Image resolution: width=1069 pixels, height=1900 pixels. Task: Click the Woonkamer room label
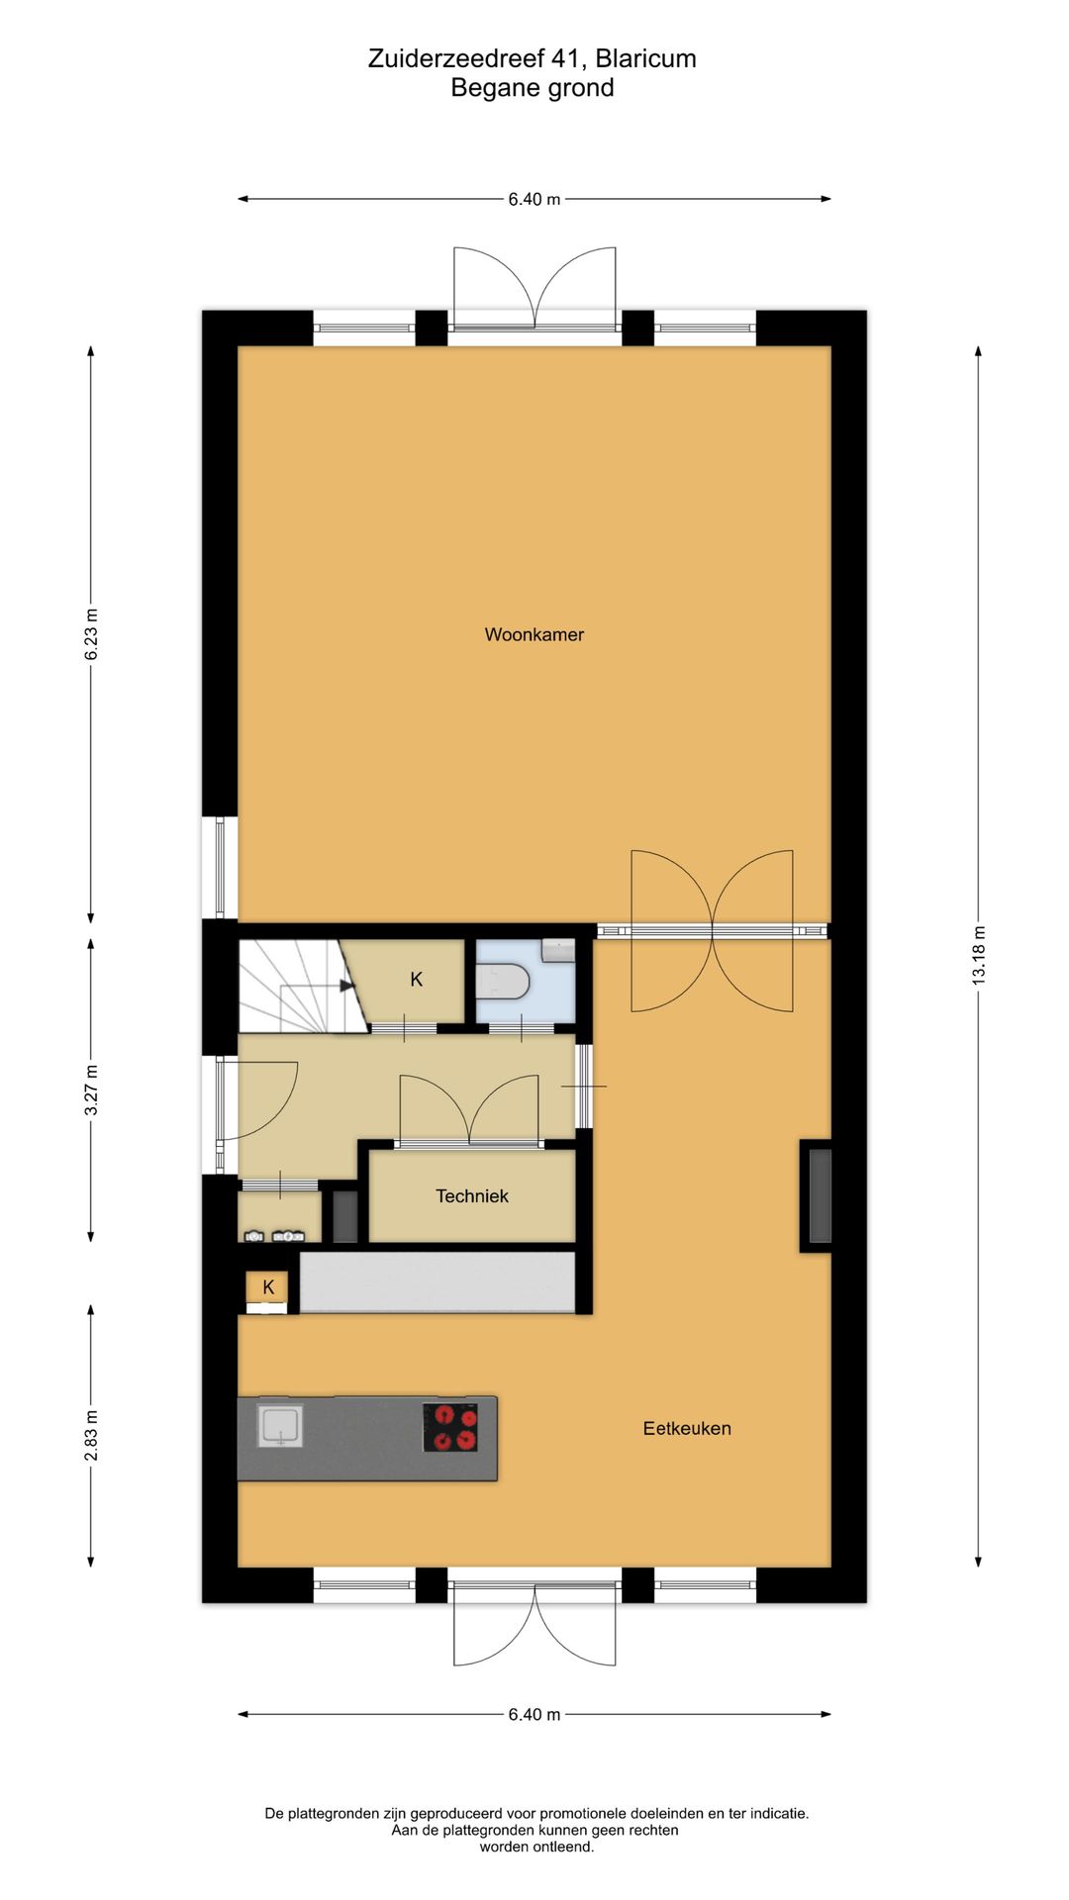(534, 634)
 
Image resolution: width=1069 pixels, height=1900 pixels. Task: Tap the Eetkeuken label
(687, 1428)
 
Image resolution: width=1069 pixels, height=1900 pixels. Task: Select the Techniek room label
(471, 1195)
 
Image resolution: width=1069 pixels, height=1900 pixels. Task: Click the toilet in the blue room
(505, 983)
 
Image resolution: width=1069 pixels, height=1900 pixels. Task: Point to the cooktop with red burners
(450, 1427)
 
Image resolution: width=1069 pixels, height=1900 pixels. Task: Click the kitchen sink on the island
(280, 1426)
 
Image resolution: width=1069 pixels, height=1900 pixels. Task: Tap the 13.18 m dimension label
(979, 954)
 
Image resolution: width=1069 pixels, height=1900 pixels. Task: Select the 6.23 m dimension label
(91, 634)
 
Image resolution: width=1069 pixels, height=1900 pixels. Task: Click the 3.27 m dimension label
(91, 1090)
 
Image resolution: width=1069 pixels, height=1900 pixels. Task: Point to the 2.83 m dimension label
(91, 1435)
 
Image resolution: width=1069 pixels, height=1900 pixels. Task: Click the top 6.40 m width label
(534, 199)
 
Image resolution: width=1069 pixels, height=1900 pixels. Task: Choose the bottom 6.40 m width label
(534, 1714)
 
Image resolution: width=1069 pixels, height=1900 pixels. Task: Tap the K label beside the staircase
(417, 980)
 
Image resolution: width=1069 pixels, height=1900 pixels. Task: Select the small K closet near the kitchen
(267, 1287)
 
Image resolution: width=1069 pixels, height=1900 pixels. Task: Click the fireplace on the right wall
(820, 1195)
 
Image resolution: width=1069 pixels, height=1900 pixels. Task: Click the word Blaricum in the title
(645, 58)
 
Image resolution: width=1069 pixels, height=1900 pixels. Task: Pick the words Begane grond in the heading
(533, 88)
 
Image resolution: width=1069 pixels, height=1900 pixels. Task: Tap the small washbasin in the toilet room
(559, 950)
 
